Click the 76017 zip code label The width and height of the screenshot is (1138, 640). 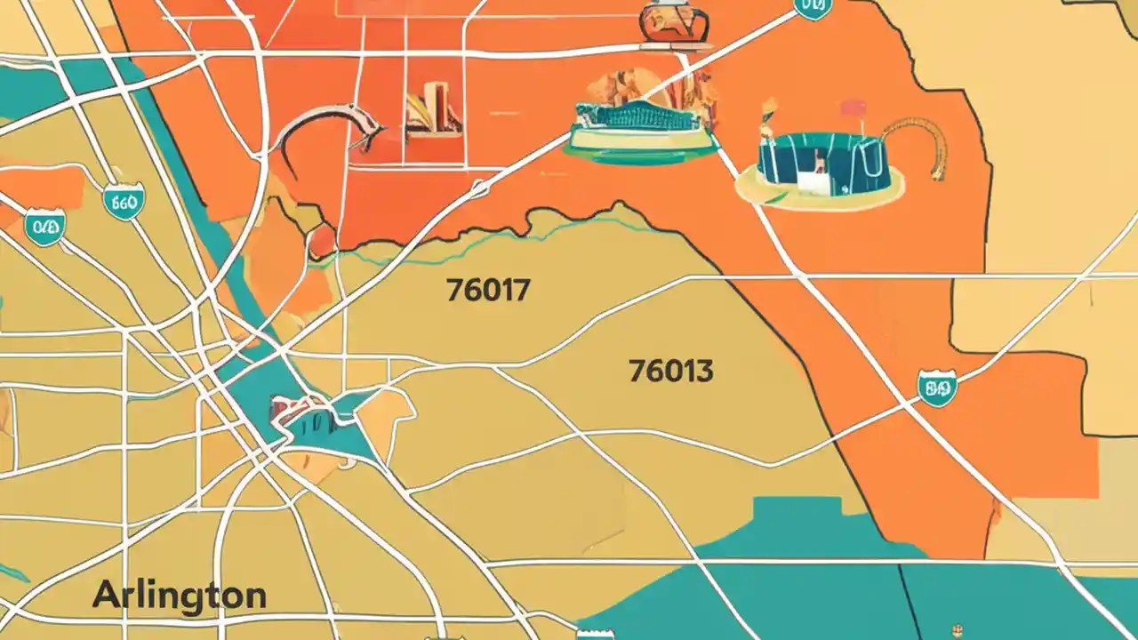click(x=488, y=290)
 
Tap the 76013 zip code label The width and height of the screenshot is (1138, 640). click(x=670, y=370)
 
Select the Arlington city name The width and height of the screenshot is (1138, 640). click(x=179, y=595)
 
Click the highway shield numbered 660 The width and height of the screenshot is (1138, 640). click(x=122, y=202)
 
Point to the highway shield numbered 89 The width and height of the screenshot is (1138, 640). click(x=936, y=388)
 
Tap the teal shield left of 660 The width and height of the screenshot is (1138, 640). click(x=44, y=227)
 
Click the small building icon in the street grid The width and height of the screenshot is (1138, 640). click(x=433, y=110)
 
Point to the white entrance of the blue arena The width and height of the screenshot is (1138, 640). click(x=812, y=182)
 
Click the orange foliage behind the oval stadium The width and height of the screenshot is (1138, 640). click(x=622, y=85)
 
